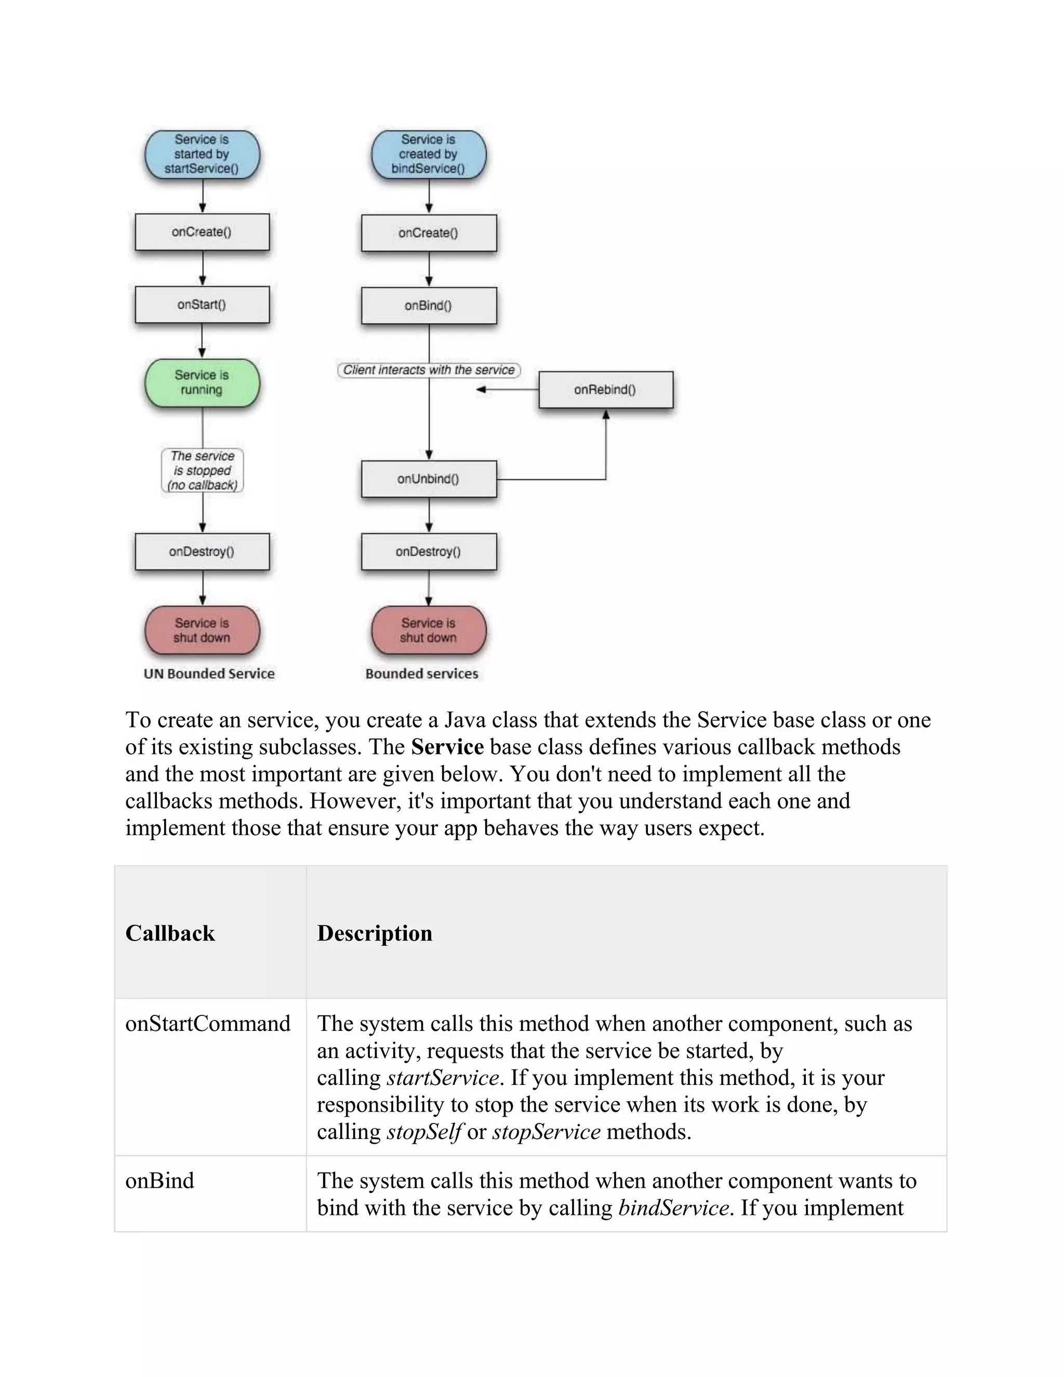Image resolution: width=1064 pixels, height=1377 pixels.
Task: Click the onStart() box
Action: coord(202,304)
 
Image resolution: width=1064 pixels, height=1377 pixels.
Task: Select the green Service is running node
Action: coord(202,383)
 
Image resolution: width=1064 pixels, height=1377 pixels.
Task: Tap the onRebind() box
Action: coord(605,390)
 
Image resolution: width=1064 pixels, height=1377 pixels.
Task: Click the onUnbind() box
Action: coord(429,479)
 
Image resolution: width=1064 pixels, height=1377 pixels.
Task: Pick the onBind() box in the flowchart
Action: coord(429,306)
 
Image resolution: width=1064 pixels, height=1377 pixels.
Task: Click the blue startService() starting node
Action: coord(202,154)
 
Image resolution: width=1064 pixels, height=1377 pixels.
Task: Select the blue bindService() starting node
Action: coord(429,154)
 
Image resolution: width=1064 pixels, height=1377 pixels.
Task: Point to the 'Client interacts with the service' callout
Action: coord(429,370)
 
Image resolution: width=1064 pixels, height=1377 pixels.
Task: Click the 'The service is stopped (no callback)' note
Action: coord(202,470)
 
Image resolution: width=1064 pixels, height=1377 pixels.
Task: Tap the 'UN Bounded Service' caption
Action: coord(209,673)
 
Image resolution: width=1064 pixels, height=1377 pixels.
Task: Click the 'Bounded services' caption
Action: coord(422,673)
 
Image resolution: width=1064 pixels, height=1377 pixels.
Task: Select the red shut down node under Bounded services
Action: coord(429,630)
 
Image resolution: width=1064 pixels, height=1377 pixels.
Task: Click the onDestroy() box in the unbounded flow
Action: coord(202,552)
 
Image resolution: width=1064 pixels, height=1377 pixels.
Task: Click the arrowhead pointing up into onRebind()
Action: coord(606,415)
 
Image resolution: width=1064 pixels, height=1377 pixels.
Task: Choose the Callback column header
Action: coord(170,933)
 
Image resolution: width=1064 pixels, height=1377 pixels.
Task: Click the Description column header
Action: coord(375,933)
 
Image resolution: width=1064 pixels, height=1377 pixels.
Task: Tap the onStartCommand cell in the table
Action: coord(208,1023)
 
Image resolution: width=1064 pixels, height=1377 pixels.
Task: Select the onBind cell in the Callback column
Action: coord(159,1180)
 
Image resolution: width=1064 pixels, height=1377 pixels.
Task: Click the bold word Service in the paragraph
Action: coord(447,747)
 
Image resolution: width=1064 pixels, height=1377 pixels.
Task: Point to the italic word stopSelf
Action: coord(424,1132)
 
